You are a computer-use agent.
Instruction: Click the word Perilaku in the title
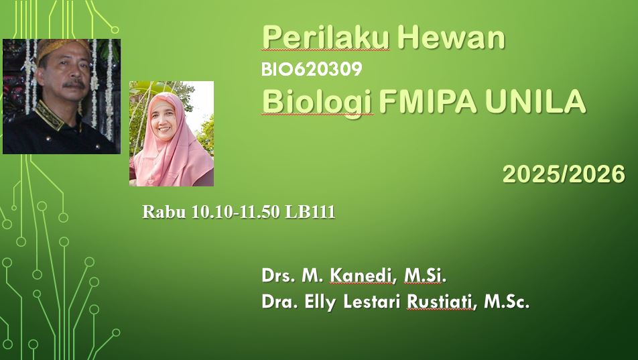coord(326,38)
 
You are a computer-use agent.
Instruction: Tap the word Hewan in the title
coord(450,38)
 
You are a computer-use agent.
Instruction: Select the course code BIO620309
coord(312,69)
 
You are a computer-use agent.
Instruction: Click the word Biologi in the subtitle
coord(317,103)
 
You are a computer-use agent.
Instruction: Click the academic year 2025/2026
coord(564,174)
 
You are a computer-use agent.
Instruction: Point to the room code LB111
coord(310,213)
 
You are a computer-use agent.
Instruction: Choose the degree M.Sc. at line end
coord(507,302)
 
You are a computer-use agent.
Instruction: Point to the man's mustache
coord(73,84)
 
